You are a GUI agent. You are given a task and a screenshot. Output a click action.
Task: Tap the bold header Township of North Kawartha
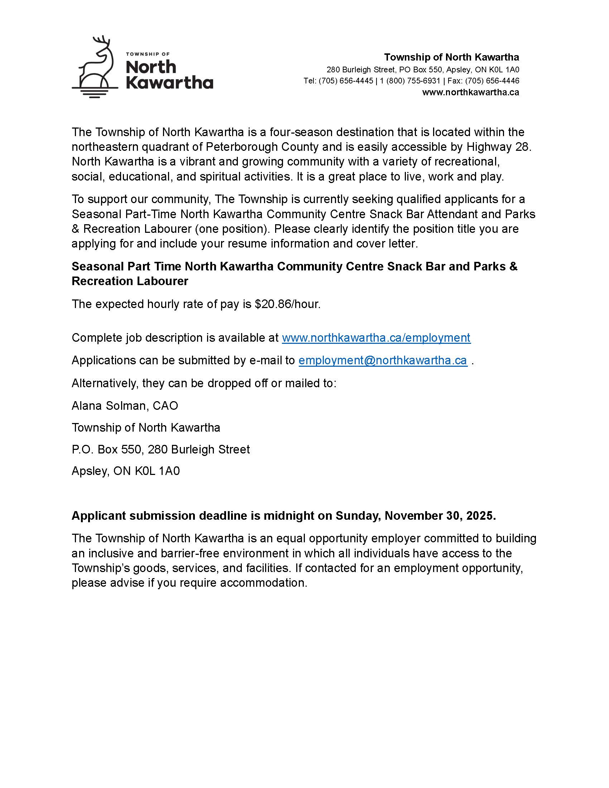(451, 57)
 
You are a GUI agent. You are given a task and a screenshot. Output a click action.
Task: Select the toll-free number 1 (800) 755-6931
(410, 81)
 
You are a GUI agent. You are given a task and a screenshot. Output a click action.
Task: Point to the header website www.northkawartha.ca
(470, 92)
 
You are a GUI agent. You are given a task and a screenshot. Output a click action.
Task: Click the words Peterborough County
(262, 147)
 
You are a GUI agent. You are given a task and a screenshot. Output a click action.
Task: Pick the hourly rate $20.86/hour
(288, 304)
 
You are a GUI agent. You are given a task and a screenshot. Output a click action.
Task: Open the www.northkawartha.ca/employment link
(376, 338)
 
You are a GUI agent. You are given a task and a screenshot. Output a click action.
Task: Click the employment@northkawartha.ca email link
(383, 360)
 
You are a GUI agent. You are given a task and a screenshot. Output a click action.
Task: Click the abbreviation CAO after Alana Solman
(165, 405)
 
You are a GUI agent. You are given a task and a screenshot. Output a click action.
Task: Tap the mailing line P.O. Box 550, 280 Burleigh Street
(160, 449)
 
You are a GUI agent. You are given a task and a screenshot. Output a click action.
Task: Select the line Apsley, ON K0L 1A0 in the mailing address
(125, 471)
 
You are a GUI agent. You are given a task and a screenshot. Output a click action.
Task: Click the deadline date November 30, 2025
(440, 515)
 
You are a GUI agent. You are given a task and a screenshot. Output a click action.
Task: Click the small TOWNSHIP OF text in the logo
(148, 54)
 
